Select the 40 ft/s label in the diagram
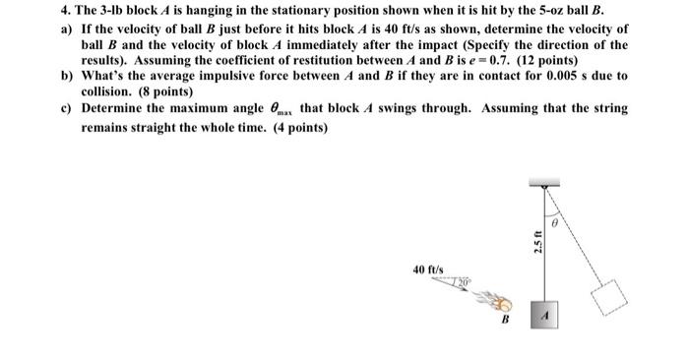pos(428,267)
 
